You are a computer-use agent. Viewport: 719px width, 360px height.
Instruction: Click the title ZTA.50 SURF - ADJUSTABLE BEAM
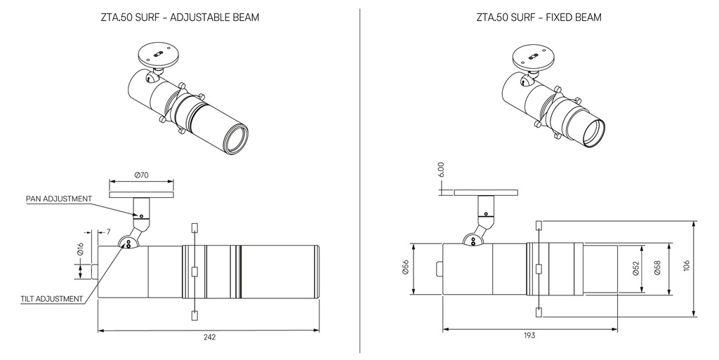(180, 17)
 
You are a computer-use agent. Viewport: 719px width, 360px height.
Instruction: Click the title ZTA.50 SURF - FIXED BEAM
(538, 17)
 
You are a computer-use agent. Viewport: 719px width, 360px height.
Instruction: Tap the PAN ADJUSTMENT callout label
(59, 199)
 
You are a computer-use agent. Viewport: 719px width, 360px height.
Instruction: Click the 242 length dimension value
(209, 338)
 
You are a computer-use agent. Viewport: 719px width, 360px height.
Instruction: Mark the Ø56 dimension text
(406, 269)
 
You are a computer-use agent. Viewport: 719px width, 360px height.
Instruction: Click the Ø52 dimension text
(636, 269)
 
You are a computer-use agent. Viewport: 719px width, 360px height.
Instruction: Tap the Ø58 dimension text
(657, 269)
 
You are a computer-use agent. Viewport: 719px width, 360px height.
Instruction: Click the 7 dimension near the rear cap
(109, 232)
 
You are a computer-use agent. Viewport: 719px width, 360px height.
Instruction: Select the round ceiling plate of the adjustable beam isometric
(158, 54)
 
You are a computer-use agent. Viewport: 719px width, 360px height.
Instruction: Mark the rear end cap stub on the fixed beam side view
(439, 269)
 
